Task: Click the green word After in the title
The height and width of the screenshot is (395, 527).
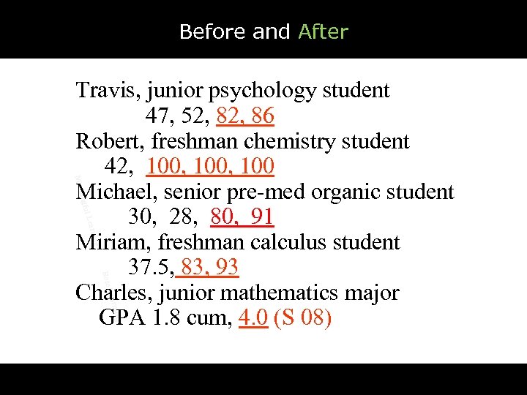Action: (323, 32)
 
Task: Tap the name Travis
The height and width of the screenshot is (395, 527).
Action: (108, 91)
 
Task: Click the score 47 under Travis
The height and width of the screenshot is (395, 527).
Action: (157, 116)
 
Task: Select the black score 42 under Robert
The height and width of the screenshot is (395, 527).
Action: (118, 167)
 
